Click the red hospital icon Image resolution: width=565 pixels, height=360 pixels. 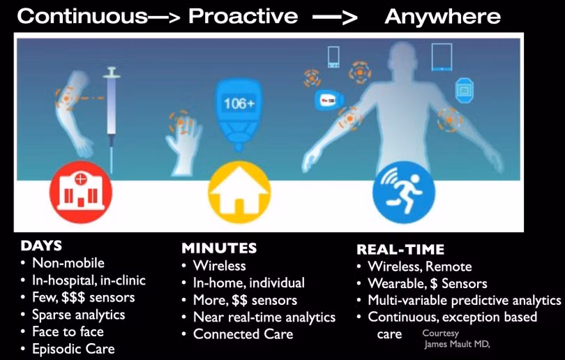[81, 192]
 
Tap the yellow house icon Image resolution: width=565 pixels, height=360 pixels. [240, 192]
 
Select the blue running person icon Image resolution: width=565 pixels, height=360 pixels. [404, 192]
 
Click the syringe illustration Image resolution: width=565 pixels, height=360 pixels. [112, 119]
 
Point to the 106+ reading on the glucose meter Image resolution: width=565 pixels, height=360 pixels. [239, 104]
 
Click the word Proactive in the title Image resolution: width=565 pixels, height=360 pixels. [243, 16]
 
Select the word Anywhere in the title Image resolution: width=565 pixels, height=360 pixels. [442, 17]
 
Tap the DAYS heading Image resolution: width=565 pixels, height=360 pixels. [41, 246]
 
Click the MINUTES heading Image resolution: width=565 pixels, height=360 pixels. [219, 248]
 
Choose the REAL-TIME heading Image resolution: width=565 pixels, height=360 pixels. [400, 249]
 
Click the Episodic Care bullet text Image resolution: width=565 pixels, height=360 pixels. [73, 349]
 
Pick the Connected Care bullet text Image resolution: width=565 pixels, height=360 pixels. [243, 334]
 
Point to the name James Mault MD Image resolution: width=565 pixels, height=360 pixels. [458, 345]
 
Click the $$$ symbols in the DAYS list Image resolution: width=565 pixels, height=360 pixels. [73, 297]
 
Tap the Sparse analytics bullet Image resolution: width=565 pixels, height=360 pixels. [79, 315]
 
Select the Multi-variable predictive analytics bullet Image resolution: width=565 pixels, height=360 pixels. [465, 301]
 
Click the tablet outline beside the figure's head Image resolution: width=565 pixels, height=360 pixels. [442, 57]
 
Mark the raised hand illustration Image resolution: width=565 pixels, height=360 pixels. [183, 144]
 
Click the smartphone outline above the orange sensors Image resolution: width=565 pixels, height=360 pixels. [333, 57]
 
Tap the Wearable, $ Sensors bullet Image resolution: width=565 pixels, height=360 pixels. [428, 283]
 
